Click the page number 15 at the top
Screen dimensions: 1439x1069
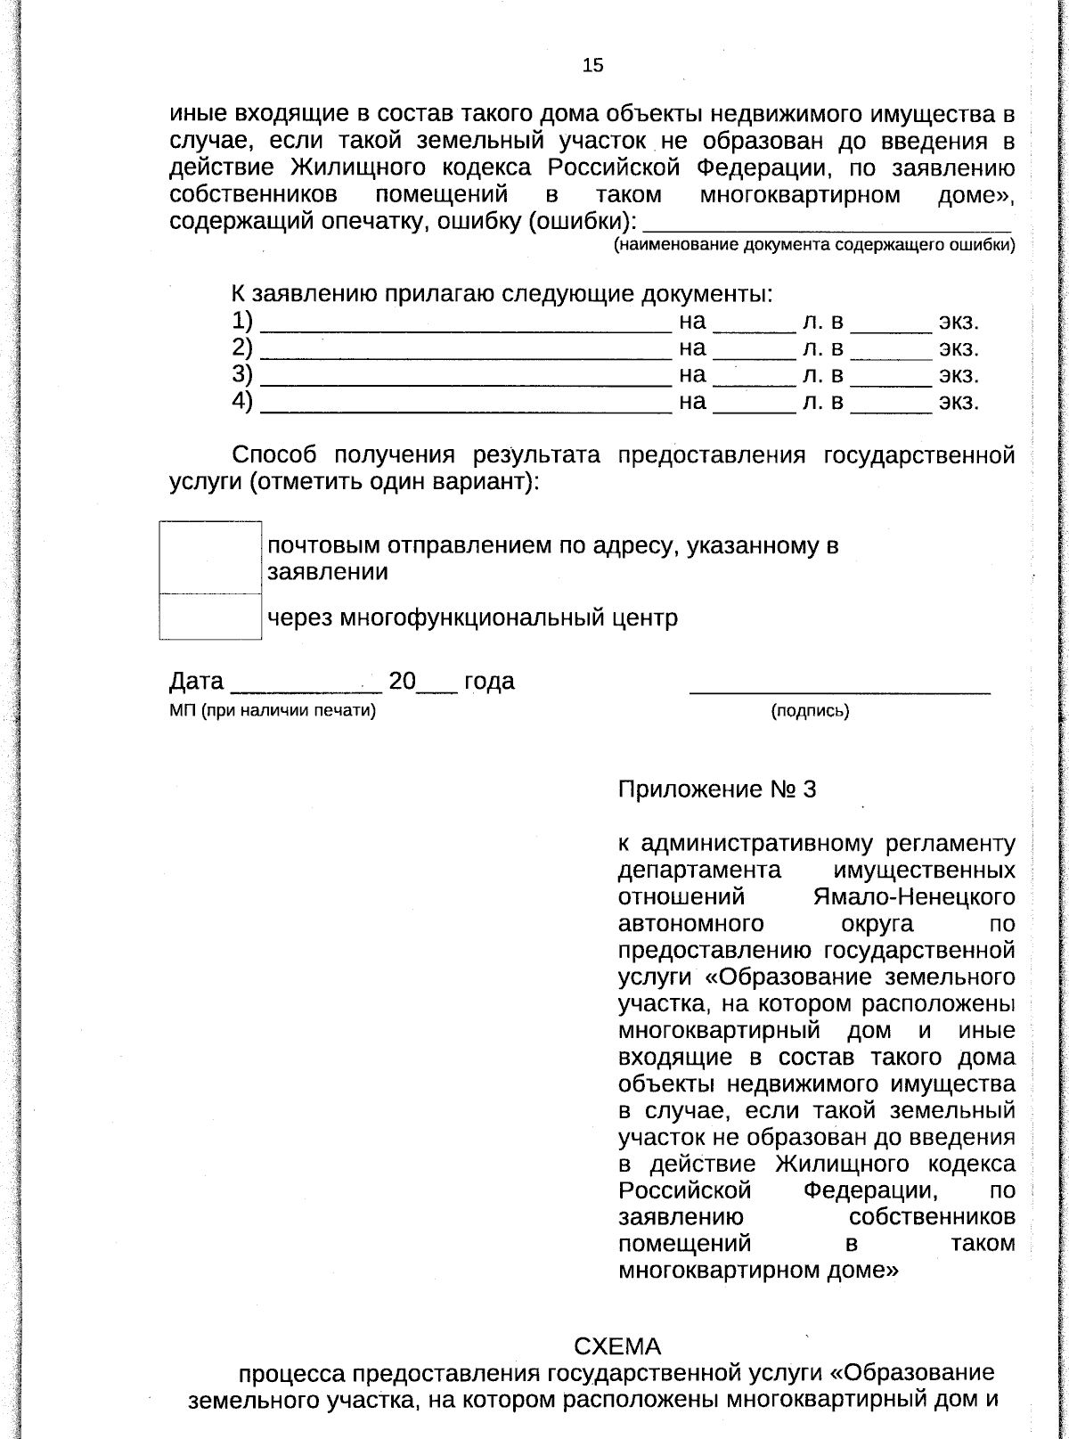click(x=592, y=65)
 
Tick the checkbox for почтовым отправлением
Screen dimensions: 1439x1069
click(x=210, y=557)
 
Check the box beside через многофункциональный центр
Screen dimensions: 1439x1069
click(x=210, y=617)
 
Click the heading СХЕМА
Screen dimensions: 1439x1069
click(x=617, y=1345)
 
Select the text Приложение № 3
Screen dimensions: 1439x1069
click(x=716, y=789)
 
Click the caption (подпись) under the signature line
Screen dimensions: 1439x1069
click(x=809, y=711)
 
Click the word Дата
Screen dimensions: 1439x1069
click(x=196, y=682)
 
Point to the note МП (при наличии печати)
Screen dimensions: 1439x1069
click(x=273, y=711)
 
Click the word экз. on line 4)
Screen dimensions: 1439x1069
click(x=958, y=402)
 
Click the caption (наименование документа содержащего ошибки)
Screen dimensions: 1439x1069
click(x=814, y=246)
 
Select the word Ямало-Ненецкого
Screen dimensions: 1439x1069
click(x=913, y=896)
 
